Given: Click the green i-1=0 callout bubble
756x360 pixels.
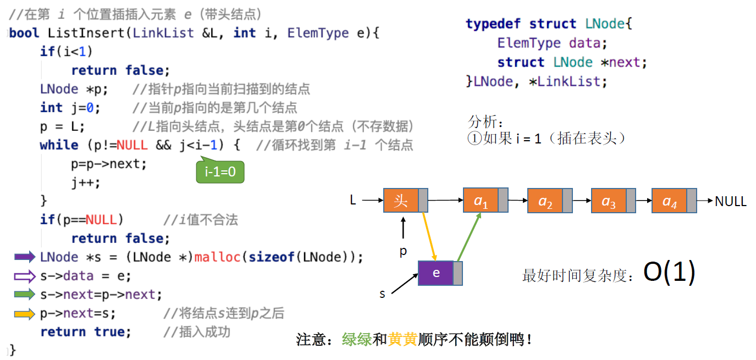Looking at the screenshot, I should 220,172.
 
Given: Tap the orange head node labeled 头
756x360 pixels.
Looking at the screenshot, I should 401,201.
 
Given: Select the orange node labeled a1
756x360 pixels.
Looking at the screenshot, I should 481,201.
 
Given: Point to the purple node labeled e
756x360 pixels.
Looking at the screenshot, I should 436,273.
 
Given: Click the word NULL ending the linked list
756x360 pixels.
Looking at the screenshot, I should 731,202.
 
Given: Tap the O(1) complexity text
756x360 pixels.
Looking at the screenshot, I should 669,272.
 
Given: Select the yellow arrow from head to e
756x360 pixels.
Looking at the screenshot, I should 429,236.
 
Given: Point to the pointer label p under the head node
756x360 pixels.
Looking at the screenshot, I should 403,251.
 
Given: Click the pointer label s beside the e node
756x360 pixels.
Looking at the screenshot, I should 382,294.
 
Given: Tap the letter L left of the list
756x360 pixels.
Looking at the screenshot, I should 353,201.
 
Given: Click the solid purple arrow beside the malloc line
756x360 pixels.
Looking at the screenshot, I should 25,257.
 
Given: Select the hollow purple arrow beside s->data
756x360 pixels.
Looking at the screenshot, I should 25,276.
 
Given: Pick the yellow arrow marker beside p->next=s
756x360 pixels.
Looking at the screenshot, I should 25,314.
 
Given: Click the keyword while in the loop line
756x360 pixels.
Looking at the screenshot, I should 59,145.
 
